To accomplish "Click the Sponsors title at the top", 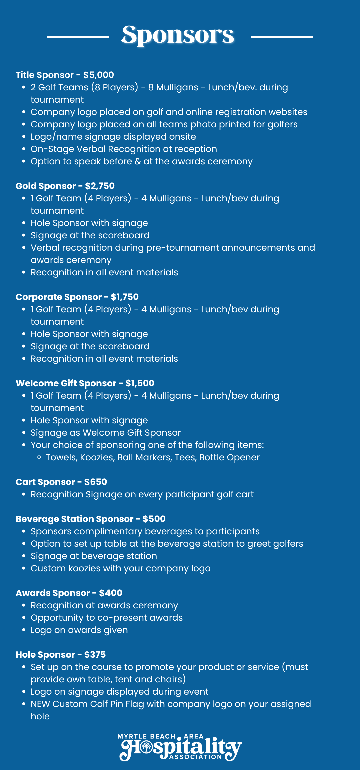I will [x=178, y=35].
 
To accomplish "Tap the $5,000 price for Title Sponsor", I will [x=99, y=75].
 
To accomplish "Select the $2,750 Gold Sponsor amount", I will [x=100, y=186].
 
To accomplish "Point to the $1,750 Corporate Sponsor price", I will [x=125, y=297].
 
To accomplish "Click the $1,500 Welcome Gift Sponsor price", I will [x=140, y=383].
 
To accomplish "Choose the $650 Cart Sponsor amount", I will [x=96, y=482].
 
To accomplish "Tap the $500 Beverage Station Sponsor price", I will [x=154, y=519].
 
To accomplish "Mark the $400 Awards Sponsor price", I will [x=111, y=593].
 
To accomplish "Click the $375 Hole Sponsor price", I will [x=95, y=655].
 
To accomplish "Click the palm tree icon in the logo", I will [x=146, y=748].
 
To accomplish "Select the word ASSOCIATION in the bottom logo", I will [x=195, y=757].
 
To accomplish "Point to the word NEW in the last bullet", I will [x=40, y=704].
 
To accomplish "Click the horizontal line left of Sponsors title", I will [x=78, y=37].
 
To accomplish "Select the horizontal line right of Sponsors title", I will [x=282, y=37].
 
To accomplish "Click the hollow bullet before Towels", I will [x=39, y=457].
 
